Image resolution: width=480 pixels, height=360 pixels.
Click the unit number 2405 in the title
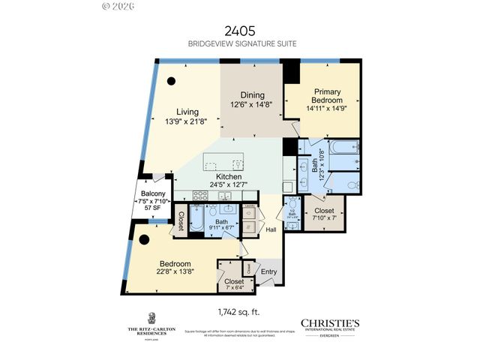(x=239, y=31)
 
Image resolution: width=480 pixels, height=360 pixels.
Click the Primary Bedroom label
(x=328, y=96)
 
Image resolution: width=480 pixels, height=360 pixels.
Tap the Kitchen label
(x=229, y=177)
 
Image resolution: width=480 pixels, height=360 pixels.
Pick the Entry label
(x=268, y=271)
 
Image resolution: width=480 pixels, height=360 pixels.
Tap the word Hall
(x=271, y=229)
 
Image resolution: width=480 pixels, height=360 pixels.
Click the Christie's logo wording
(x=330, y=323)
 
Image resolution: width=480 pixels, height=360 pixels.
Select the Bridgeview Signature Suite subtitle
(x=239, y=43)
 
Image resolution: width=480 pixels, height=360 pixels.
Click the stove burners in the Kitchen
(x=200, y=195)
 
